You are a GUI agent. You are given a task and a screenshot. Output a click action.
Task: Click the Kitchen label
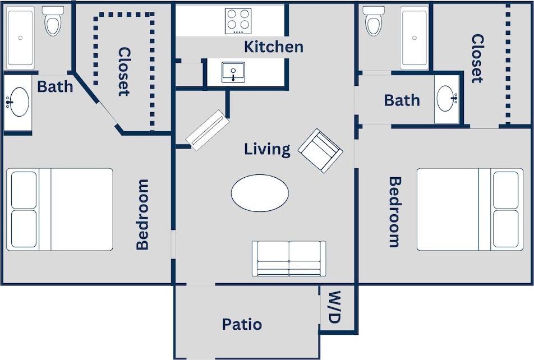point(273,47)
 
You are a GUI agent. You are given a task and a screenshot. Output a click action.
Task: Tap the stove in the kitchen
point(238,21)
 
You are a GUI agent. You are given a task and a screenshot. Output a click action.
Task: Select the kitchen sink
point(232,72)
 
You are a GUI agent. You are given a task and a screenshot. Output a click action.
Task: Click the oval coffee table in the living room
point(260,193)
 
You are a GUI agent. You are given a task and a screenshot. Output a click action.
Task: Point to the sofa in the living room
point(289,259)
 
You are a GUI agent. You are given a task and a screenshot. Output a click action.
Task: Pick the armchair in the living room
point(320,150)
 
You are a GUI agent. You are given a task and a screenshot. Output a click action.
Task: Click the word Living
point(267,149)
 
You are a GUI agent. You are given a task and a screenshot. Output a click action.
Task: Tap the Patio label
point(242,324)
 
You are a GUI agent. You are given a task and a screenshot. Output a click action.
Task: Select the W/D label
point(334,307)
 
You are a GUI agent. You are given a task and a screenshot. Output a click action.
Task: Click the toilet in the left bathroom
point(53,21)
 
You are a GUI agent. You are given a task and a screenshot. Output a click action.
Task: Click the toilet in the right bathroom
point(373,20)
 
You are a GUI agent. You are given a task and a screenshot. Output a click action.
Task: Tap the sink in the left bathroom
point(19,102)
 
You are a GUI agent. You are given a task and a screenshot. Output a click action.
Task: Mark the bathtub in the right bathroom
point(415,37)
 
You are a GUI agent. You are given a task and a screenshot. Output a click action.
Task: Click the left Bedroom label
point(142,214)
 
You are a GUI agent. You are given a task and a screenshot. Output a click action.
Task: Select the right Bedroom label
point(395,212)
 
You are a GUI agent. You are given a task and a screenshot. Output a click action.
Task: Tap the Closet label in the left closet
point(124,71)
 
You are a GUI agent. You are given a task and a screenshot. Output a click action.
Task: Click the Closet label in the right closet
point(477,58)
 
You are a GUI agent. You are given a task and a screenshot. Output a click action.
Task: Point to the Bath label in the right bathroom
point(402,100)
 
